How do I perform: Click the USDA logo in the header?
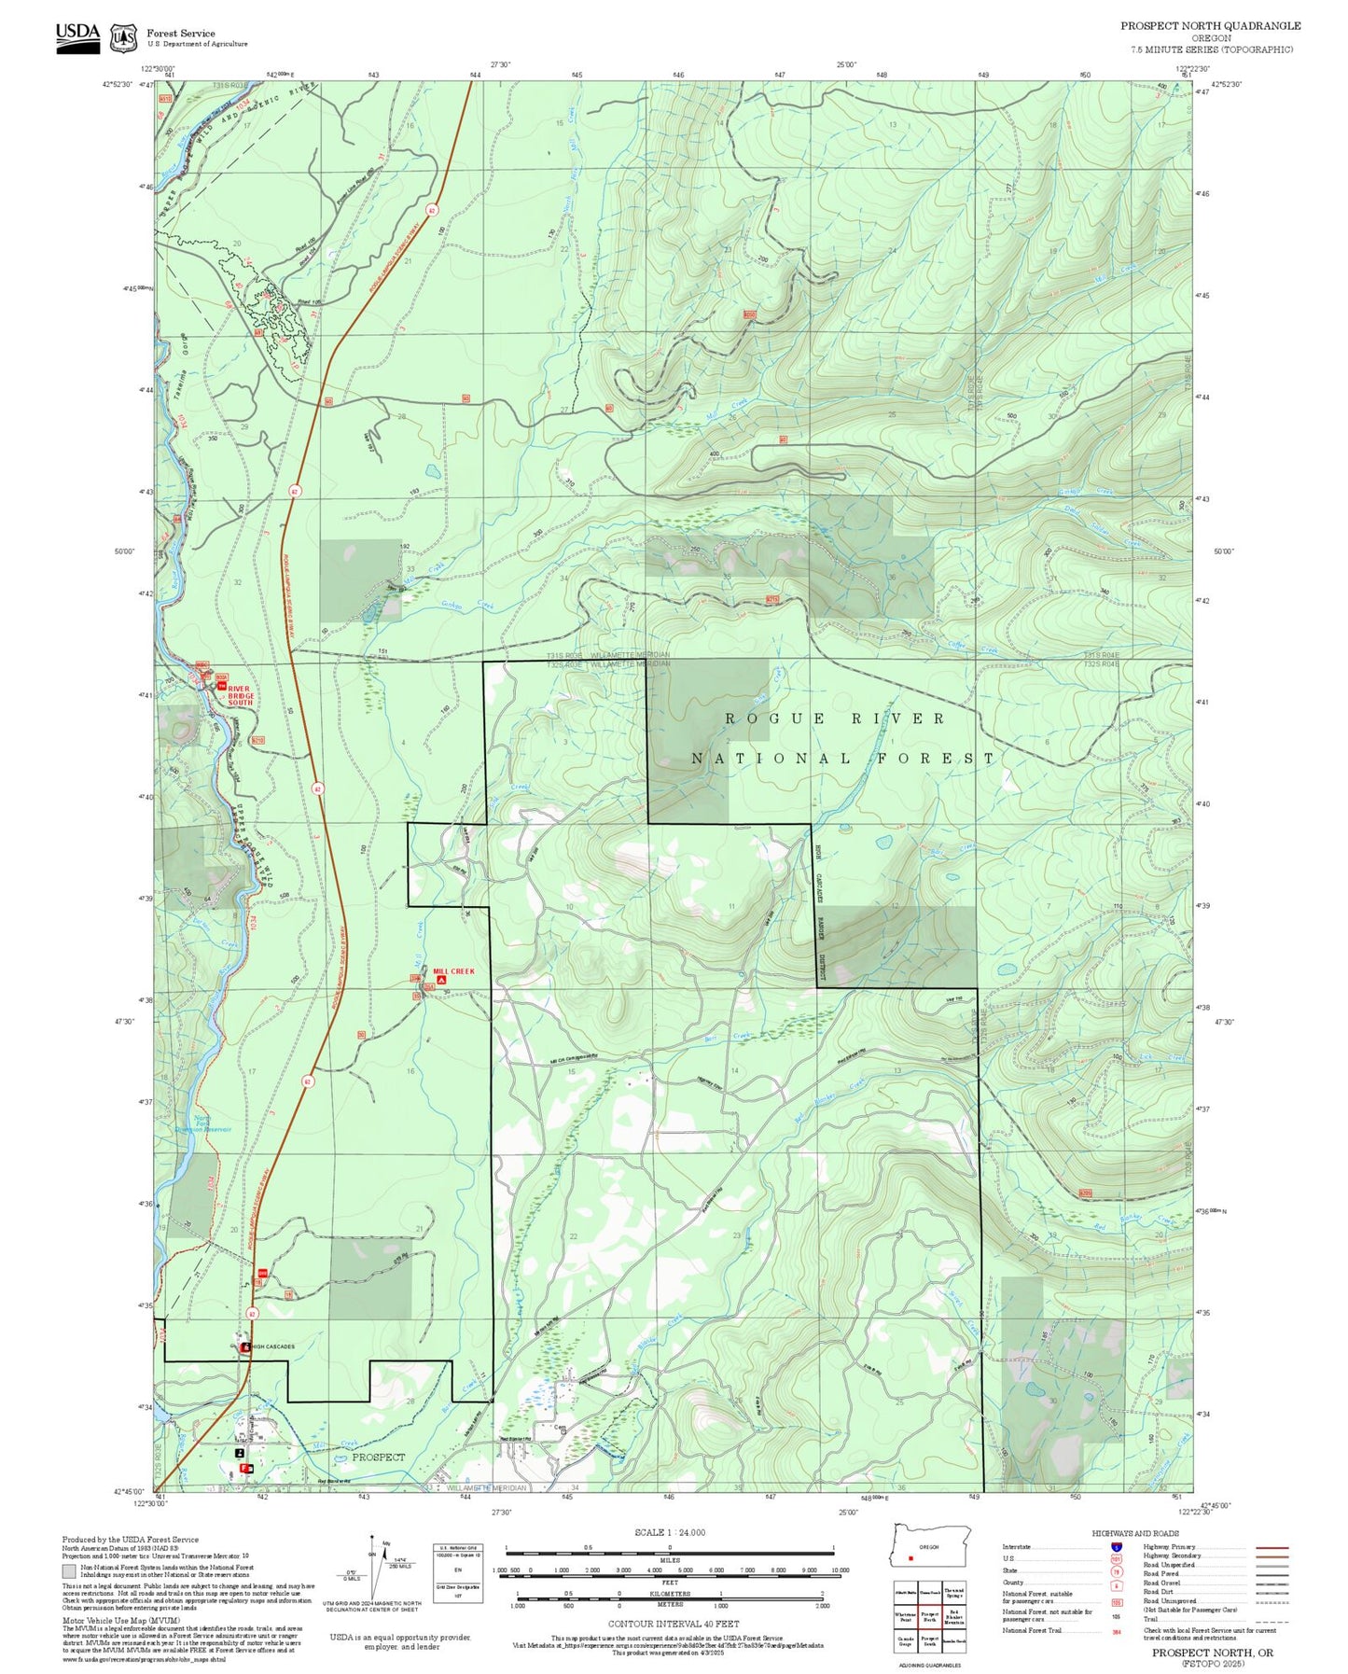pos(77,36)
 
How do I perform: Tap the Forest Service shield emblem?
pos(123,38)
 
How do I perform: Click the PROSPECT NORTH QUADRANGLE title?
pos(1210,26)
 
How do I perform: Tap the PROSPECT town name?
pos(379,1457)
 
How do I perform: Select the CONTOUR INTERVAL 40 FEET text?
pos(673,1625)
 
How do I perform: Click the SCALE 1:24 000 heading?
pos(670,1532)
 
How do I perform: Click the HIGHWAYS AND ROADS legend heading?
pos(1135,1533)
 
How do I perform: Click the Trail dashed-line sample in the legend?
pos(1272,1621)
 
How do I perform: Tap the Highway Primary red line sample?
pos(1272,1547)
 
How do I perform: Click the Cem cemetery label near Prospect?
pos(561,1428)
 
